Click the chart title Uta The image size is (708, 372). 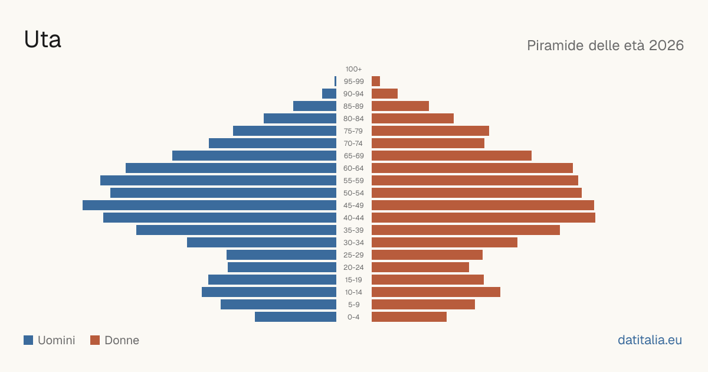click(x=42, y=39)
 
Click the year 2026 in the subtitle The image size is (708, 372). click(x=666, y=45)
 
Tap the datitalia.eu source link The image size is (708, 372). click(x=650, y=340)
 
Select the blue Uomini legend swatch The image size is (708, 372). click(x=28, y=340)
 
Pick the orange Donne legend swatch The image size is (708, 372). click(x=95, y=340)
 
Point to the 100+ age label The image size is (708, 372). click(x=353, y=69)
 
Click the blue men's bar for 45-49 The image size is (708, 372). click(x=209, y=205)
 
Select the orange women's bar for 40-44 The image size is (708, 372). click(x=483, y=218)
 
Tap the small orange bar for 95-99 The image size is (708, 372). click(x=376, y=81)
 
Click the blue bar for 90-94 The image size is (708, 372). click(x=329, y=94)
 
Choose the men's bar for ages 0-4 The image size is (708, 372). click(x=296, y=317)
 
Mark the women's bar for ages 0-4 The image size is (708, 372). click(x=409, y=317)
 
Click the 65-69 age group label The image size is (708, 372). click(x=353, y=156)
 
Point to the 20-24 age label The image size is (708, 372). click(x=353, y=267)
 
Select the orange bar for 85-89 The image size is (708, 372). click(x=400, y=106)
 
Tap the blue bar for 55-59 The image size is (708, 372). click(x=218, y=180)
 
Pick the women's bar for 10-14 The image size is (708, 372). click(x=436, y=292)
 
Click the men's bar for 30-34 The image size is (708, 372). click(x=261, y=243)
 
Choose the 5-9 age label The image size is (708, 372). click(x=353, y=305)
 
